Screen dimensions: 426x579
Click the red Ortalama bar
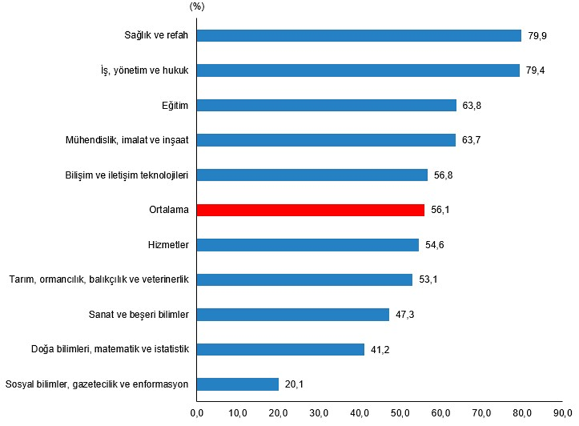310,210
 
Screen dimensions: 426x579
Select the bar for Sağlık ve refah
358,36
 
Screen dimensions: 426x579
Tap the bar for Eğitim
326,105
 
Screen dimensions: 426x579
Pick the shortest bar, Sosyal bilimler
237,384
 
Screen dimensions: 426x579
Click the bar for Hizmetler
307,245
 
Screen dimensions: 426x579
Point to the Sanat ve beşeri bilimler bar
292,315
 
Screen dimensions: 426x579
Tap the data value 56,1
439,210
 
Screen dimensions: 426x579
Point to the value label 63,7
471,140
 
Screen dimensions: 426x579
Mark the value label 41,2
379,350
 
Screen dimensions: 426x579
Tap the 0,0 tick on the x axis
197,413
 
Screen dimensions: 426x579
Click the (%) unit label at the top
197,7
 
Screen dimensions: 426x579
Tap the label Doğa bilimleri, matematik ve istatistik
110,349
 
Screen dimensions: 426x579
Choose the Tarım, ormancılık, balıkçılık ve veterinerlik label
98,280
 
